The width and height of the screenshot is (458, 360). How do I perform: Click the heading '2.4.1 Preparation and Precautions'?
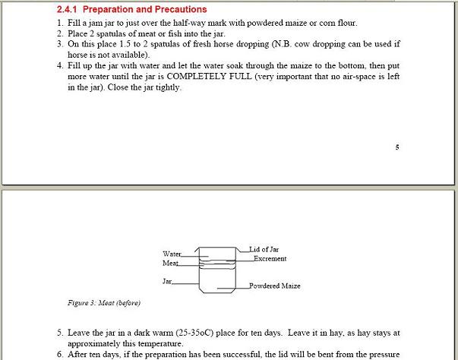click(x=131, y=10)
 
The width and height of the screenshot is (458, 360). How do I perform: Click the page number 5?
click(x=396, y=147)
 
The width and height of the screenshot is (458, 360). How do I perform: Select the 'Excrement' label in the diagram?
click(x=270, y=259)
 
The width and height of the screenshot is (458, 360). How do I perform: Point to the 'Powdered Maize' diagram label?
click(x=274, y=286)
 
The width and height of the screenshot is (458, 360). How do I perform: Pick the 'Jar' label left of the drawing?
click(x=166, y=282)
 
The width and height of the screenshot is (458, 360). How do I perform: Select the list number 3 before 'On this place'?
click(x=59, y=45)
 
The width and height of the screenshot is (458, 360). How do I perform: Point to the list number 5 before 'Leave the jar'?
click(x=59, y=333)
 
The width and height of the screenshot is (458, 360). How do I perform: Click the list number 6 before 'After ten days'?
click(x=59, y=354)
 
